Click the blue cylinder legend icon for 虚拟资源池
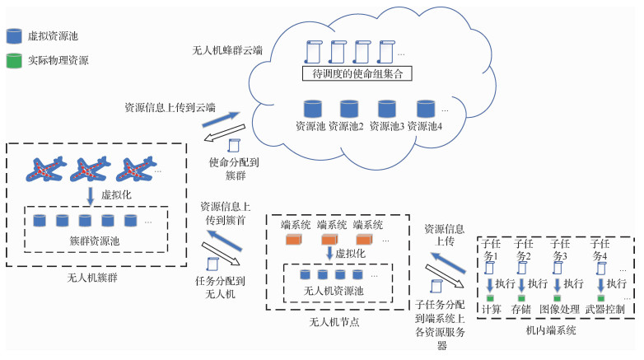(14, 36)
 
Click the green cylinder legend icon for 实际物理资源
(14, 60)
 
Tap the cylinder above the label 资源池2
(348, 109)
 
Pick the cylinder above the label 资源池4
(425, 109)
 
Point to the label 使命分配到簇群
(233, 169)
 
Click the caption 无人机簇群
(92, 277)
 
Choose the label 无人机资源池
(332, 292)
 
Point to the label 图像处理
(560, 310)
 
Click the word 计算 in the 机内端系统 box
(491, 310)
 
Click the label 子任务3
(561, 249)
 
